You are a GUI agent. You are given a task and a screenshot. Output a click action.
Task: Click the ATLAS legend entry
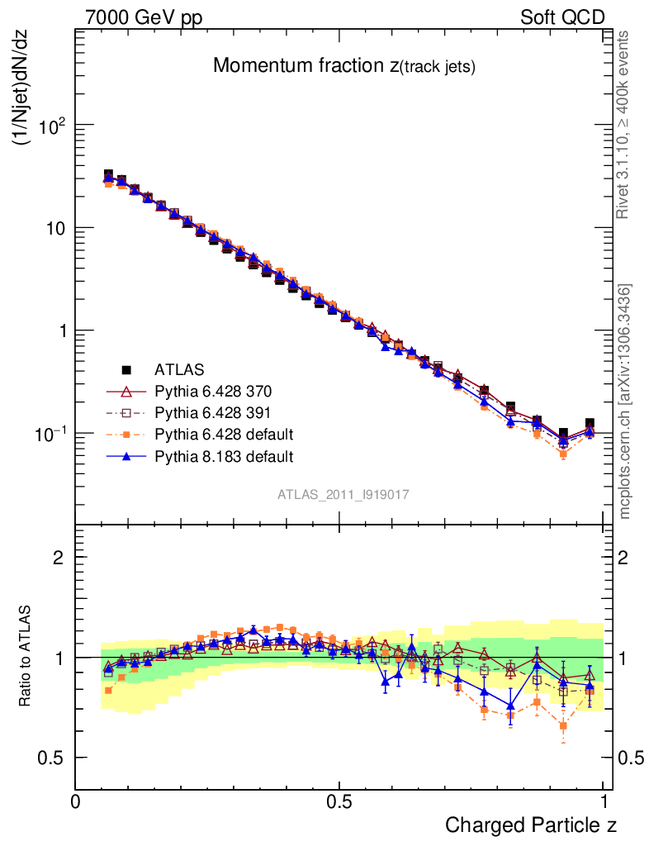[179, 368]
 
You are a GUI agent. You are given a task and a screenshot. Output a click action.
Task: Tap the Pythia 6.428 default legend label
[224, 434]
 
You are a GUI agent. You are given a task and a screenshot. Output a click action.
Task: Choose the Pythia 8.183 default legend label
[224, 455]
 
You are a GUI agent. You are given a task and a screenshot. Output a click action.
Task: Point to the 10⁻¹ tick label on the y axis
[48, 434]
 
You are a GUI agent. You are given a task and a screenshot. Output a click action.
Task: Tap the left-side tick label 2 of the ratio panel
[58, 557]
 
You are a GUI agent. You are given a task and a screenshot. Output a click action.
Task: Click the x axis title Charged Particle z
[531, 825]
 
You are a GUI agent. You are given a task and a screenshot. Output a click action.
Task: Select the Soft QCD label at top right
[562, 17]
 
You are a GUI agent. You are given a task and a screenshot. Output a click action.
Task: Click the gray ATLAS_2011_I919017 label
[343, 494]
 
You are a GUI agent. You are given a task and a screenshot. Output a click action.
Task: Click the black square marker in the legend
[127, 368]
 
